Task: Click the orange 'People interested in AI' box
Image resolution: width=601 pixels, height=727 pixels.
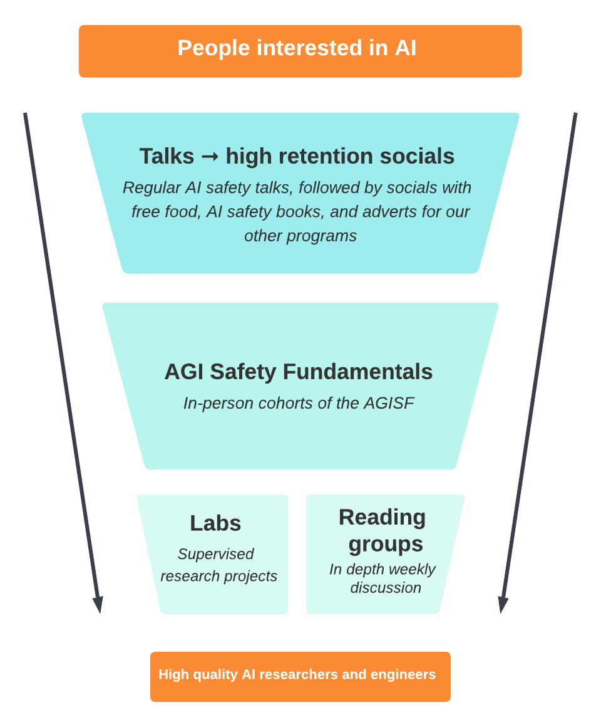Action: coord(300,51)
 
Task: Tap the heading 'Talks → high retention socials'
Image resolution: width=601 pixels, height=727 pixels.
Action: coord(297,156)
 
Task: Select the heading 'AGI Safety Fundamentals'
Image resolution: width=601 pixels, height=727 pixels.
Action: coord(298,372)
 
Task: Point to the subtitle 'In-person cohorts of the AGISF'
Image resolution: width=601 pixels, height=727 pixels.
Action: coord(299,403)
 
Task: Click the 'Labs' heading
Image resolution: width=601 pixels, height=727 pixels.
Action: coord(215,523)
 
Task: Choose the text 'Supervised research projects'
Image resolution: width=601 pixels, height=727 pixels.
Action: coord(218,565)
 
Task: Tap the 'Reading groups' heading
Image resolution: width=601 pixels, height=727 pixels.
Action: coord(383,530)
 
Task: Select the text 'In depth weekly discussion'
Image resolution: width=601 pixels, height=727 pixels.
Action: coord(383,578)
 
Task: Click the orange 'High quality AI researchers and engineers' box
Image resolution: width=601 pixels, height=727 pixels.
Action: coord(300,676)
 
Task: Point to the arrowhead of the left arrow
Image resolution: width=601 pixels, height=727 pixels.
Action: coord(98,605)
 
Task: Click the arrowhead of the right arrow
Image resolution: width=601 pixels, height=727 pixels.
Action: coord(503,605)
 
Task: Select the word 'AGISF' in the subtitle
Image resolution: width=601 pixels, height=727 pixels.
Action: coord(389,403)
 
